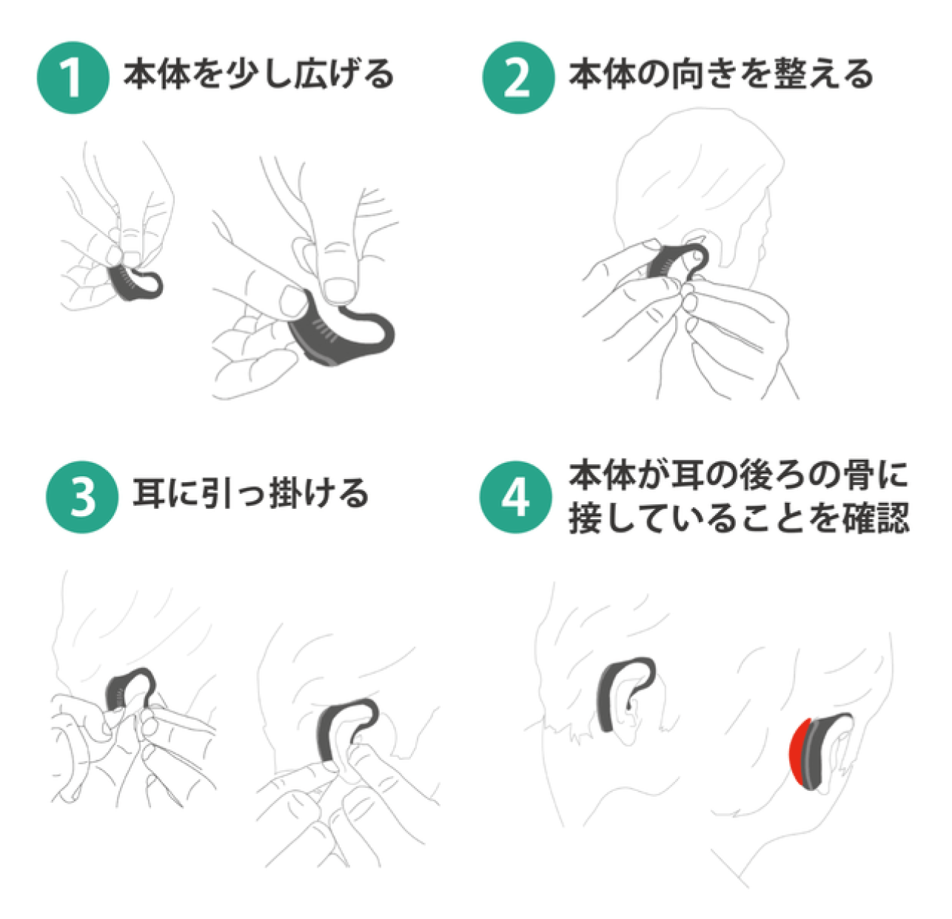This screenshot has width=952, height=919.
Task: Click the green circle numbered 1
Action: (x=73, y=78)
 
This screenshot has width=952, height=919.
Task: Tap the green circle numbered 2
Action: (x=518, y=78)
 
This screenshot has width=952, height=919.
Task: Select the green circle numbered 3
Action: (x=82, y=497)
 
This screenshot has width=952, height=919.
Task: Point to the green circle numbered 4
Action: (x=516, y=497)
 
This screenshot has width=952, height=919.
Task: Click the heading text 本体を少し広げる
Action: (x=259, y=74)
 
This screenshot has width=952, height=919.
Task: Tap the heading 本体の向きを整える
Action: (x=721, y=74)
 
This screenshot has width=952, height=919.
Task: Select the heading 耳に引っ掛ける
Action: (x=250, y=493)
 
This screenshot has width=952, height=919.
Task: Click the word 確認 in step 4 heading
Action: (x=875, y=517)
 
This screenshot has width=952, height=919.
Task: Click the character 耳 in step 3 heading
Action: (x=149, y=493)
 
